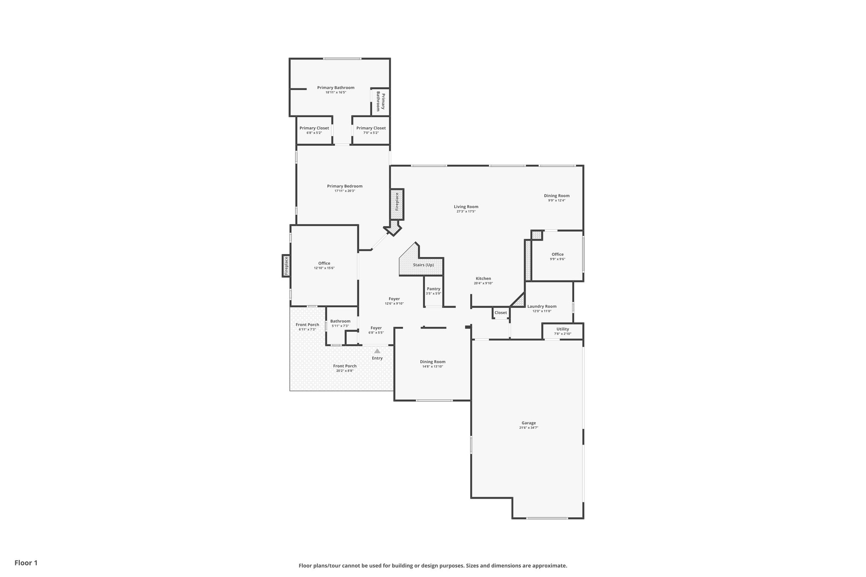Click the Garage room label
pos(529,423)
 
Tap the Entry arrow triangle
pos(377,351)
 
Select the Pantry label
pos(433,289)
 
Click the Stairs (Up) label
pos(423,265)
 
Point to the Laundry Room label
pos(542,306)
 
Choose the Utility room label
pos(562,329)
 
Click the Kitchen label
pos(483,279)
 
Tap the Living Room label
pos(466,207)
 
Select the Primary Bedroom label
pos(345,186)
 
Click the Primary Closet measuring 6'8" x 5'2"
pos(314,128)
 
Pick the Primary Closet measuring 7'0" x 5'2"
pos(371,128)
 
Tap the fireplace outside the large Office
pos(286,266)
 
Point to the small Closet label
pos(501,313)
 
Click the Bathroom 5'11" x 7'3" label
pos(340,321)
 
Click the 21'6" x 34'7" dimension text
pos(529,428)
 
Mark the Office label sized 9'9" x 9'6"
pos(557,254)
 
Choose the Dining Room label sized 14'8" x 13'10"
pos(433,362)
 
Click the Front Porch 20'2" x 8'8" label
pos(345,366)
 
